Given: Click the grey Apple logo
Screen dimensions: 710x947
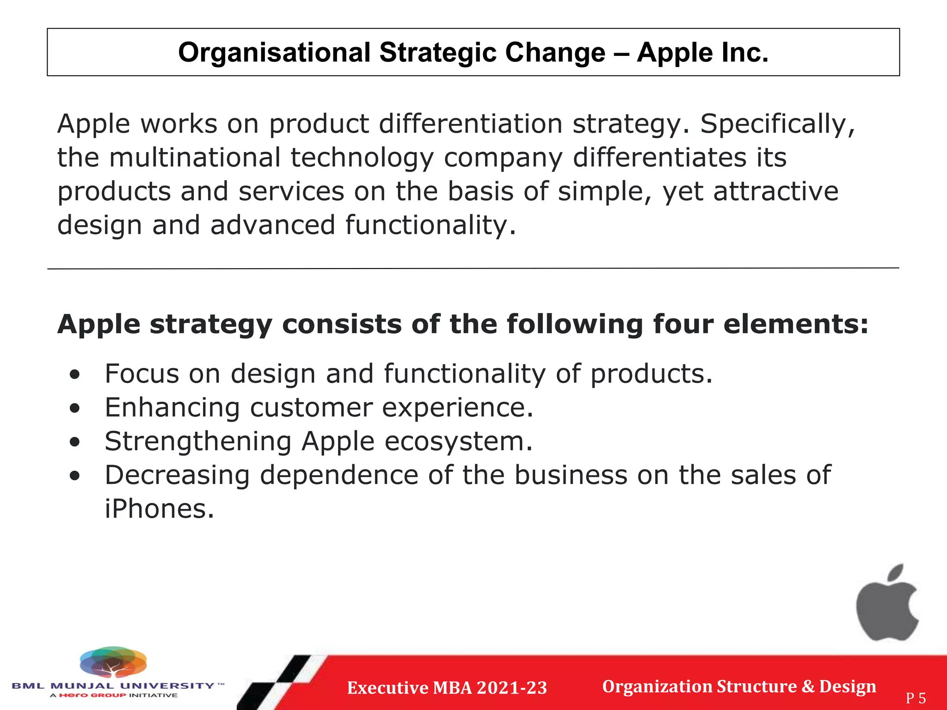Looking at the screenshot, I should [886, 610].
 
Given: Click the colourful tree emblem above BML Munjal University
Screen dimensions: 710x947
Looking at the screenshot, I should [113, 663].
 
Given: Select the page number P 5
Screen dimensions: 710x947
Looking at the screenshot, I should [916, 698].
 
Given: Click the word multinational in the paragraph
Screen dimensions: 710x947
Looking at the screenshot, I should [195, 158].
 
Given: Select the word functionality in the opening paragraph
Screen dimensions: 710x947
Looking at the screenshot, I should [430, 225].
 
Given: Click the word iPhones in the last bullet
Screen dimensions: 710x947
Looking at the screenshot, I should [159, 509].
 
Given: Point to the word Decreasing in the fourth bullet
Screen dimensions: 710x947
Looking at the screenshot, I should [177, 475].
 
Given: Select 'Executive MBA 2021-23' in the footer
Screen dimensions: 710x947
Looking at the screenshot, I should [447, 688].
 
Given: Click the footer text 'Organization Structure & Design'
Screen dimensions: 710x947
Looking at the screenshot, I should [738, 686].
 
